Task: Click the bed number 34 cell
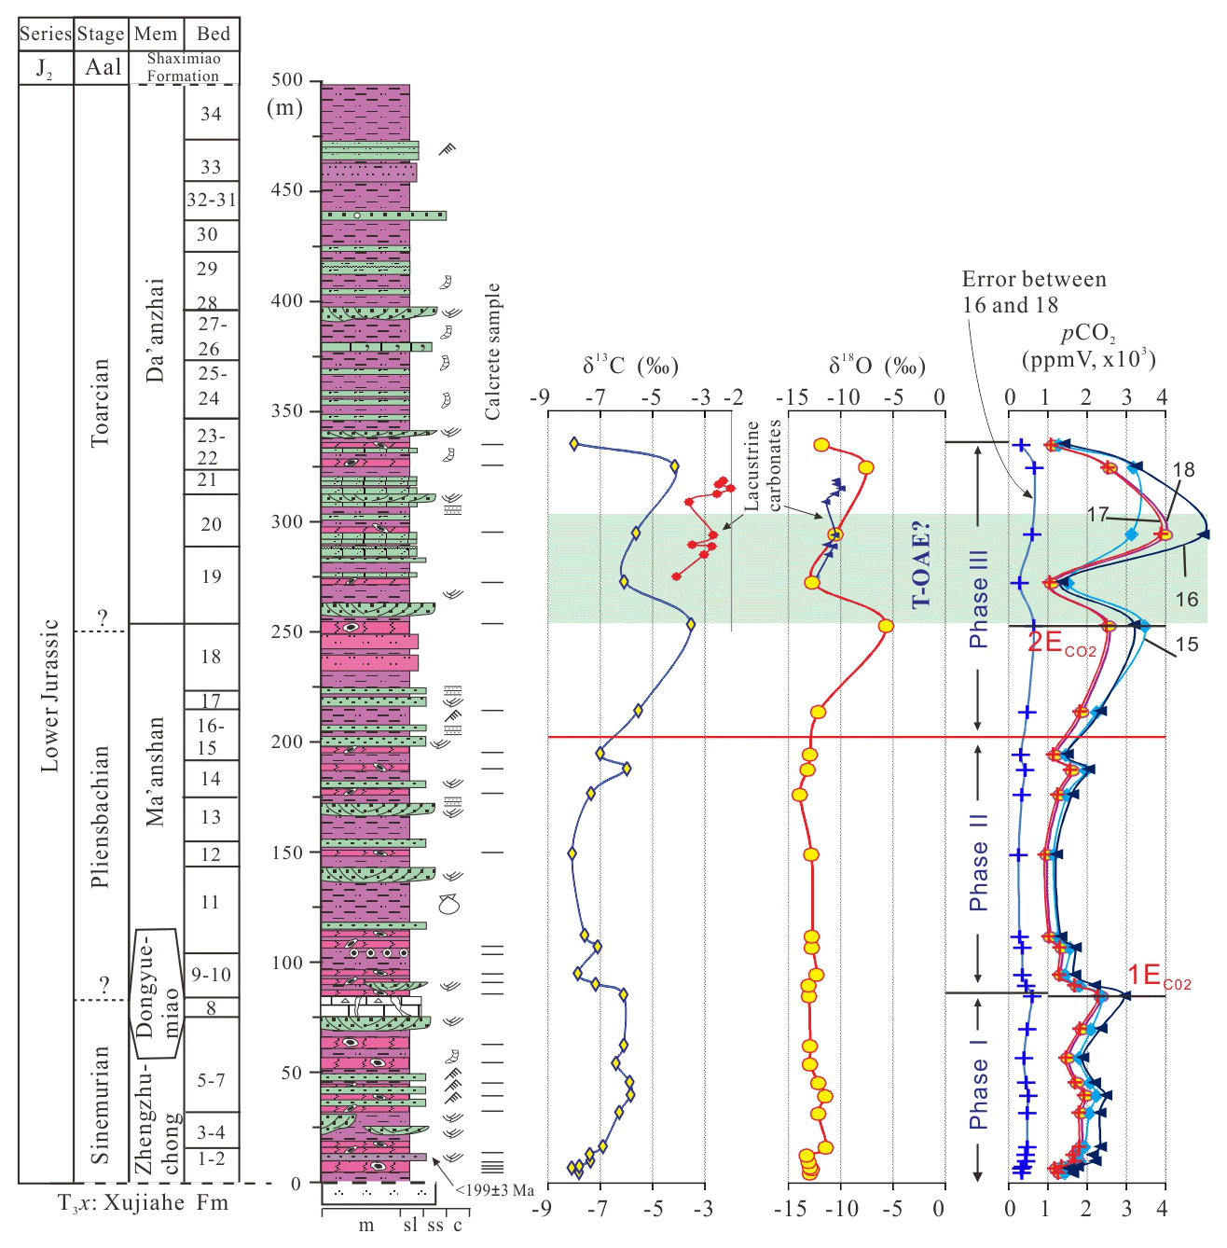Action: point(212,114)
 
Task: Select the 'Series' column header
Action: point(45,35)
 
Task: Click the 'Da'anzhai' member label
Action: point(156,329)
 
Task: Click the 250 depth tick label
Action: point(288,631)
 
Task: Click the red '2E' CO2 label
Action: point(1061,643)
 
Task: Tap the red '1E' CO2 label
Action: point(1159,977)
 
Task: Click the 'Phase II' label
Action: point(978,862)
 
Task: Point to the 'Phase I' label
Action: point(978,1093)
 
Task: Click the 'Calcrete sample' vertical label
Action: point(492,351)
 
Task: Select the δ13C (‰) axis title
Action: point(630,366)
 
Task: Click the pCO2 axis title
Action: point(1088,346)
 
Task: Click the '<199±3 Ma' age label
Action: point(495,1190)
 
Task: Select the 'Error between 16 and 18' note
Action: point(1033,292)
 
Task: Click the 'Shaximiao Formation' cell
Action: point(183,67)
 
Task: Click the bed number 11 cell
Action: point(211,902)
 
